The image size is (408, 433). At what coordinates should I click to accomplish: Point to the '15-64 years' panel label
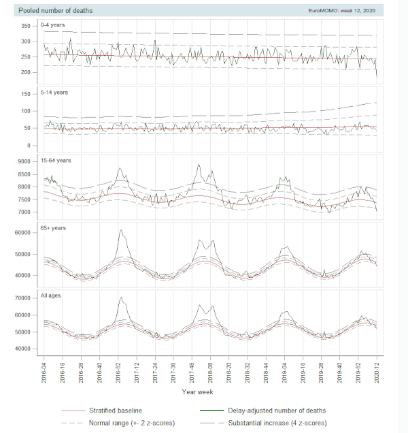click(58, 161)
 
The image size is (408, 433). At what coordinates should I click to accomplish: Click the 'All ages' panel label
click(53, 296)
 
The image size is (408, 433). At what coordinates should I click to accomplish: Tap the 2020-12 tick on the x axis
click(377, 371)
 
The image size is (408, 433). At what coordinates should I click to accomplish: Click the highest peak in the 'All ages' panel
click(120, 298)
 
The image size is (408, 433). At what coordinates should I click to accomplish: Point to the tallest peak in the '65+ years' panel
click(120, 230)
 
